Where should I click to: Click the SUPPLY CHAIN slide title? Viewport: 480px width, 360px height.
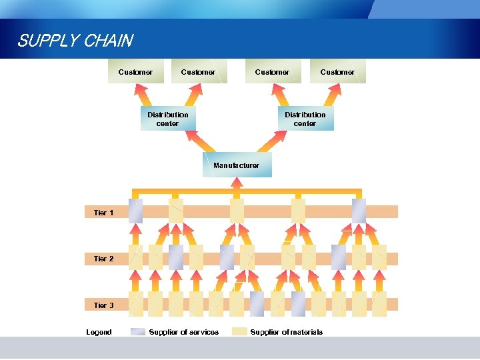75,41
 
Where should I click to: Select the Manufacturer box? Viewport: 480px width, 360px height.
237,165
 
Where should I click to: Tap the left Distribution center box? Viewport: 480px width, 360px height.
168,119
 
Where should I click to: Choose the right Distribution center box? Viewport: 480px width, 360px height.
305,119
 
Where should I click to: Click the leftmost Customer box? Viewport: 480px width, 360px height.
136,72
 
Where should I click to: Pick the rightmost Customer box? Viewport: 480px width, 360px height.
337,72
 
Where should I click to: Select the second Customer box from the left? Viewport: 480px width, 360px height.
199,72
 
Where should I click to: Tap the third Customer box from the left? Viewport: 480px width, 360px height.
272,72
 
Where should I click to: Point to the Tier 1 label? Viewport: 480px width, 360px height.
103,213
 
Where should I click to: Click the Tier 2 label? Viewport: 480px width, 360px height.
103,259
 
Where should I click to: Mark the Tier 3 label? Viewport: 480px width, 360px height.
103,305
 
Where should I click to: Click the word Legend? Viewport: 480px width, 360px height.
99,332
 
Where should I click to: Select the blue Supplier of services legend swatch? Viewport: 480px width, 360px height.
138,332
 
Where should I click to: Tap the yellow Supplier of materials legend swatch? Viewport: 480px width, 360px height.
239,332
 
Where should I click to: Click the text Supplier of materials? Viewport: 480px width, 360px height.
286,332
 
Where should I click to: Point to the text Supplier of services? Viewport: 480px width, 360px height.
183,332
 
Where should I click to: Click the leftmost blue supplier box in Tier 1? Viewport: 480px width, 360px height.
135,211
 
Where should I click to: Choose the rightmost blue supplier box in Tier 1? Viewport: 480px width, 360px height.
359,211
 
